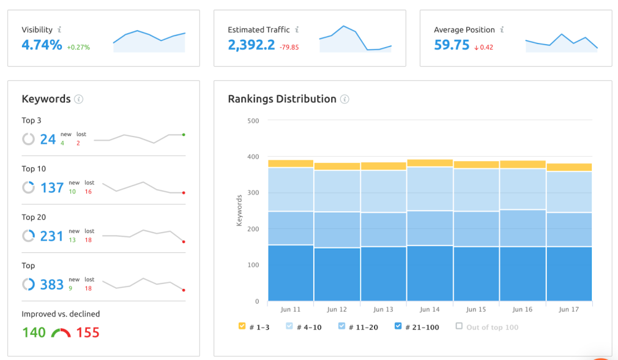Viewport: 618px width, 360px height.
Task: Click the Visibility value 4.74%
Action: (42, 45)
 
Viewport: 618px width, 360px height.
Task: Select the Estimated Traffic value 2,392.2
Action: (251, 45)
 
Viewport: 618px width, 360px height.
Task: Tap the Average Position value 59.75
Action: (452, 45)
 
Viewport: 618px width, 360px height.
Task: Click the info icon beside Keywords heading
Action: (78, 99)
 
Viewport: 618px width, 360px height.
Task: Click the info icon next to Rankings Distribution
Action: (344, 99)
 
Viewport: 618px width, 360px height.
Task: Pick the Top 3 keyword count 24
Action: (48, 139)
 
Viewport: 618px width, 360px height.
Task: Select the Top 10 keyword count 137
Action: (52, 187)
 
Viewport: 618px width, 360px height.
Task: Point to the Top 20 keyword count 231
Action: (52, 236)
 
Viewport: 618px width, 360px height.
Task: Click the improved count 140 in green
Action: (34, 332)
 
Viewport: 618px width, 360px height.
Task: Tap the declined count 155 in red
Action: (87, 332)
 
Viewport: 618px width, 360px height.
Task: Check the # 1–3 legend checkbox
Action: (242, 326)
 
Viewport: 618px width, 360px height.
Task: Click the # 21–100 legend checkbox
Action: (398, 326)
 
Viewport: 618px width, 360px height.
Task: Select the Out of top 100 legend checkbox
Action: (459, 326)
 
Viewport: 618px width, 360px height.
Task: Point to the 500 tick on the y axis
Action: (253, 121)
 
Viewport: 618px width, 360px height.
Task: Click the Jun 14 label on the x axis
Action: (430, 310)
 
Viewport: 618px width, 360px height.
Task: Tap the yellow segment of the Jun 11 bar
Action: (291, 163)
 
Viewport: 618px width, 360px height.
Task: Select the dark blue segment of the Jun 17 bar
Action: (569, 274)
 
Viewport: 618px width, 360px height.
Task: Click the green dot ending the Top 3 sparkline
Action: (184, 134)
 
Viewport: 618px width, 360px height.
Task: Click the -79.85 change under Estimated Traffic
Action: (289, 47)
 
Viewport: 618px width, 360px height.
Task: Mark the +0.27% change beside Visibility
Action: (78, 47)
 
